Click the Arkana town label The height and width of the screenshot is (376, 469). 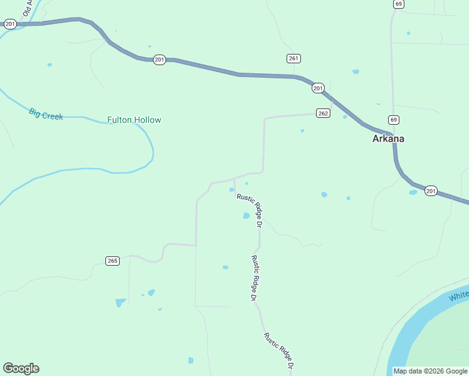pos(388,138)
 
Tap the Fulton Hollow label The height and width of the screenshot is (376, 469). pos(134,120)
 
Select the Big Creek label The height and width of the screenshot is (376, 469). pos(46,114)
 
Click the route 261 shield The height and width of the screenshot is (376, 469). pos(294,58)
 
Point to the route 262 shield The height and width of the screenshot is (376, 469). pos(323,113)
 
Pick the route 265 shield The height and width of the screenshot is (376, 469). pos(112,261)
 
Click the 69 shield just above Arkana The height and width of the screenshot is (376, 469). pos(393,120)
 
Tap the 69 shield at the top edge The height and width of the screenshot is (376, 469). pos(399,4)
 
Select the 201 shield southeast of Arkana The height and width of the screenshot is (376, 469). pos(430,191)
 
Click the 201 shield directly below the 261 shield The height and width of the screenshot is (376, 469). pos(318,88)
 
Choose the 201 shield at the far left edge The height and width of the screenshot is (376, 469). pos(9,24)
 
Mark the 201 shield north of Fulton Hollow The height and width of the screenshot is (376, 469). pos(159,60)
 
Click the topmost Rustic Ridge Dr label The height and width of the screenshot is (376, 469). pos(249,206)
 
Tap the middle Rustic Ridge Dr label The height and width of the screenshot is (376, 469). pos(255,278)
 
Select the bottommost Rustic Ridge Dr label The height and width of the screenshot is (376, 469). pos(279,350)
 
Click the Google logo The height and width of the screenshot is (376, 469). pos(21,368)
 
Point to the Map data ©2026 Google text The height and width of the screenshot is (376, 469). pos(430,371)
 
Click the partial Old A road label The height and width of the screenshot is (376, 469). pos(28,8)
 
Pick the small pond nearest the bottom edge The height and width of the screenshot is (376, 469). pos(191,360)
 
